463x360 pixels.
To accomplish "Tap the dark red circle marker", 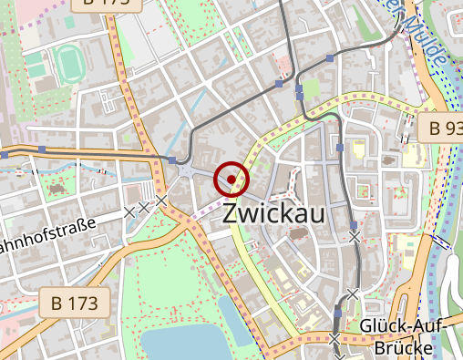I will [231, 179].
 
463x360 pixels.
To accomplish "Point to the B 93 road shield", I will [446, 128].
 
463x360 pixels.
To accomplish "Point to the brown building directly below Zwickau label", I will [298, 234].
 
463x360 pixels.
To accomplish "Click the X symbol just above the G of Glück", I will [352, 293].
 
